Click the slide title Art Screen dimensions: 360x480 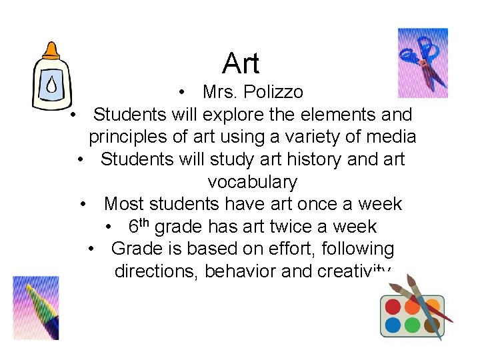pos(241,64)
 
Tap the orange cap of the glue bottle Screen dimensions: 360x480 pos(51,51)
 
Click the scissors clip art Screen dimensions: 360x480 pos(422,63)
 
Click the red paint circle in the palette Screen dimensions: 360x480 pos(393,307)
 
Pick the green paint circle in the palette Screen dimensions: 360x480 pos(413,325)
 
